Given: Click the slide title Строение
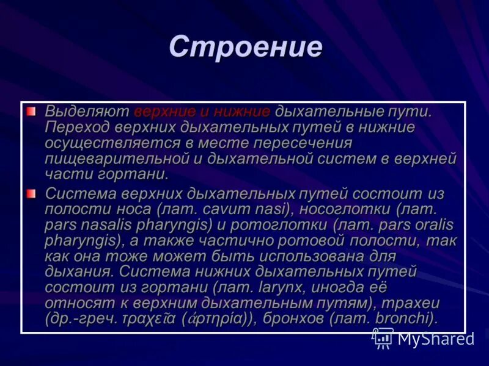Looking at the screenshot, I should point(245,48).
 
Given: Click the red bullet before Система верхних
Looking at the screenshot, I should point(31,193).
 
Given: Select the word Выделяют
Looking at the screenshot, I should point(86,112).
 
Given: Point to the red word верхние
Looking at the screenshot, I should point(163,112).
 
